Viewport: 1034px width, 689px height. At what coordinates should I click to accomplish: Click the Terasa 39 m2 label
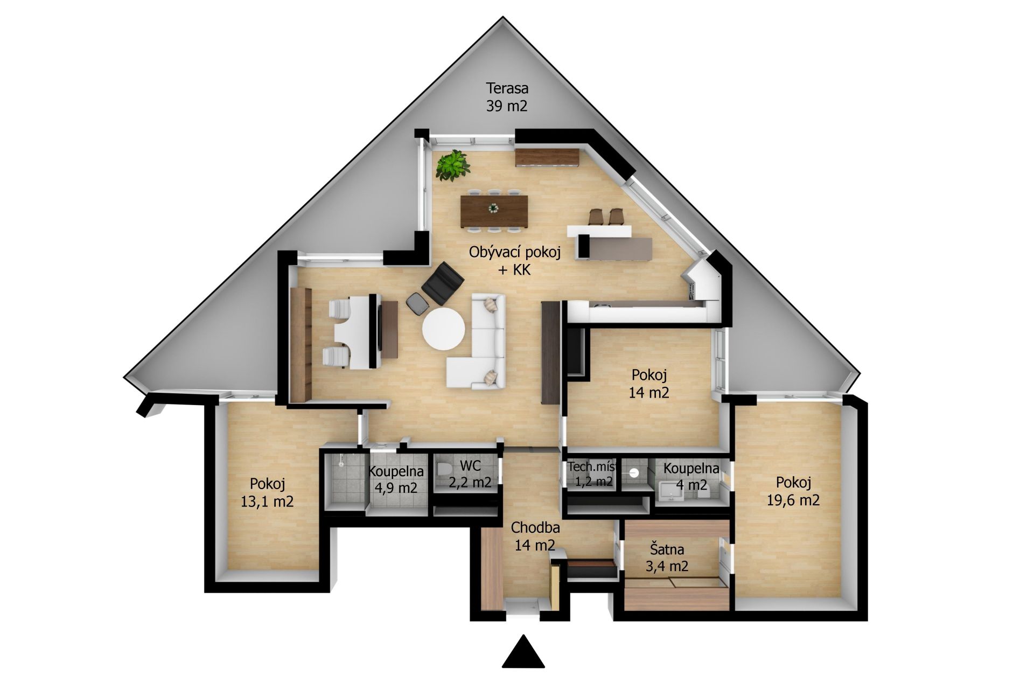(507, 96)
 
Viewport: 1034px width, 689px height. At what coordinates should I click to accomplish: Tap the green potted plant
(452, 165)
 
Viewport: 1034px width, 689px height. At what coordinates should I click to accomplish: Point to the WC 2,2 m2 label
(470, 473)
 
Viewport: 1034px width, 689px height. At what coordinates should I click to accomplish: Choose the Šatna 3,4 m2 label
(667, 558)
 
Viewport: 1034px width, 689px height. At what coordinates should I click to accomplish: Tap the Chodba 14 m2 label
(535, 536)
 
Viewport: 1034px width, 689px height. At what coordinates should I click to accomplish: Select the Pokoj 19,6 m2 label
(793, 491)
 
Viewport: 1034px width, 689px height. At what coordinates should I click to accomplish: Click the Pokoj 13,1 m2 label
(267, 492)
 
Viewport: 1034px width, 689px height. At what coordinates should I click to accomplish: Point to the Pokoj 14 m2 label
(649, 383)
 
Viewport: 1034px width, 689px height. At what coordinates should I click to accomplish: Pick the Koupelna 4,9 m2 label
(396, 479)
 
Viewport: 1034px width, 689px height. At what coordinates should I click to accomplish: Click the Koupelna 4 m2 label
(691, 476)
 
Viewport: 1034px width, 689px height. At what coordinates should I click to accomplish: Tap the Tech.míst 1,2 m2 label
(591, 474)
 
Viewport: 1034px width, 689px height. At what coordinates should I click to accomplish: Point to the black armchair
(443, 283)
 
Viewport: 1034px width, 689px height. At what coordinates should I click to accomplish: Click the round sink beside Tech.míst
(634, 472)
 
